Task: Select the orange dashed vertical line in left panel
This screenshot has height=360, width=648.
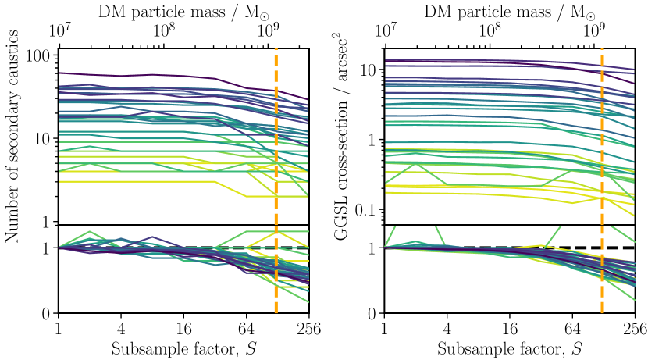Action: [x=276, y=141]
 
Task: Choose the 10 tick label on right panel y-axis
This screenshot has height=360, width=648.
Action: [x=369, y=70]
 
